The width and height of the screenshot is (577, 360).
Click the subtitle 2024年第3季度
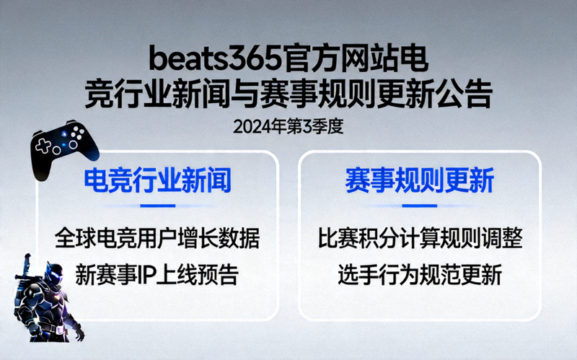coord(288,126)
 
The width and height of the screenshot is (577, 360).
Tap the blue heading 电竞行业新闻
coord(157,180)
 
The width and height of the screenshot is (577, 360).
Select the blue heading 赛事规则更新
coord(419,180)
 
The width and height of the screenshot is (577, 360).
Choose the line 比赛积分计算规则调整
coord(419,237)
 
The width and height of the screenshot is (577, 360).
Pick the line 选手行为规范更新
coord(419,275)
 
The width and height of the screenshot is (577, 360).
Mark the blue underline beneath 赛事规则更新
coord(419,206)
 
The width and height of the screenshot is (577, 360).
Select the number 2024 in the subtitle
coord(250,126)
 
